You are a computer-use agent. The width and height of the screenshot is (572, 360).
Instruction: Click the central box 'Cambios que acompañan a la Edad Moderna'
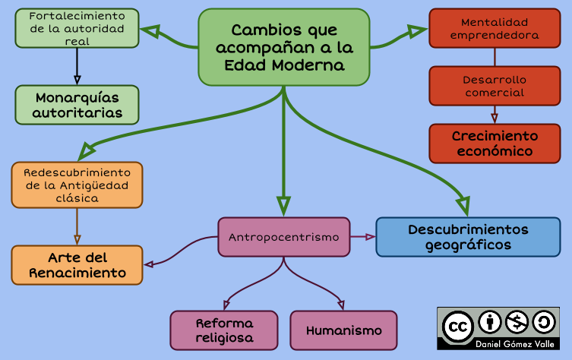[283, 47]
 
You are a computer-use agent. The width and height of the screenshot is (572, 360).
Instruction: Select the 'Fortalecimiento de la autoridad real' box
[77, 28]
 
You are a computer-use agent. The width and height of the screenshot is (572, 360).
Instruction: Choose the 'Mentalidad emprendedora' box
[495, 28]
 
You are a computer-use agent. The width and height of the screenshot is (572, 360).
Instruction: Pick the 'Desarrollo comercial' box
[495, 86]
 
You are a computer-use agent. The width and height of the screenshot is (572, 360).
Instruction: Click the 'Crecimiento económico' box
[495, 144]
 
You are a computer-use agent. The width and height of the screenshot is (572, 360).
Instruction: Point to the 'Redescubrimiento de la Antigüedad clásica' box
[77, 185]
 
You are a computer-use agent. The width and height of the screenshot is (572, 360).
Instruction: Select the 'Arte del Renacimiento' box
[77, 265]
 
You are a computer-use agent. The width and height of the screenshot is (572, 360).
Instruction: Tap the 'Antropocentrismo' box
[283, 237]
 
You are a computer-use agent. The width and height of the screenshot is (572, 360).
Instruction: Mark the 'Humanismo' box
[343, 330]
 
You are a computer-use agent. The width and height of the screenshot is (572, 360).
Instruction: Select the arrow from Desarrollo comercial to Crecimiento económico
[495, 114]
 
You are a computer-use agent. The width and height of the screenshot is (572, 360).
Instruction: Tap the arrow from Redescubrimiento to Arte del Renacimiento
[77, 226]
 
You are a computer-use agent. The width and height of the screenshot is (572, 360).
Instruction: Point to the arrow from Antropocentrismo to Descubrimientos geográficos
[363, 237]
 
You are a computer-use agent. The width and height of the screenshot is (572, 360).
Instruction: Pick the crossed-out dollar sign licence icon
[517, 322]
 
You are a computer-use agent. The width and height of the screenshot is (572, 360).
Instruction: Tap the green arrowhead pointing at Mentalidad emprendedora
[417, 31]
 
